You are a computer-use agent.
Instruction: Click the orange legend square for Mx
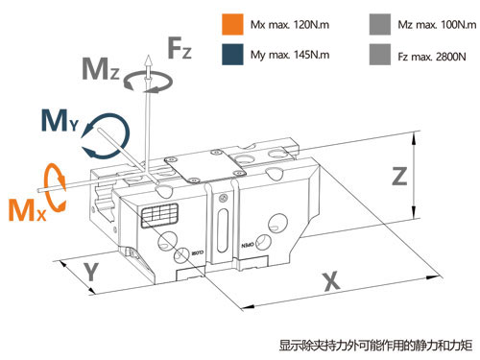point(232,24)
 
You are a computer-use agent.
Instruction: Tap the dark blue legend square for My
point(232,55)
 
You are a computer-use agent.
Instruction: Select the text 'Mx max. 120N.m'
point(290,25)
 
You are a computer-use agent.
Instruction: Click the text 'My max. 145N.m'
point(290,55)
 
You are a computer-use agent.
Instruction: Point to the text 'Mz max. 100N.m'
point(437,25)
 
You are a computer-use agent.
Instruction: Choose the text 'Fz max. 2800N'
point(432,57)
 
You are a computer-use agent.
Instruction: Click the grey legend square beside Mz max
point(380,24)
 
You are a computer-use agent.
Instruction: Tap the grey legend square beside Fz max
point(380,55)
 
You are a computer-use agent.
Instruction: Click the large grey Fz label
point(180,48)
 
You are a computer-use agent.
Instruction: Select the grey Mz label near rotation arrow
point(101,69)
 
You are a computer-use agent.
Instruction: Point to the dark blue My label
point(60,121)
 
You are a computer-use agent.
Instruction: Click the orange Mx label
point(27,209)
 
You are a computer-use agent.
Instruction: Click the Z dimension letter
point(399,176)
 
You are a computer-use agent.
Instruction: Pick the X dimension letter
point(331,281)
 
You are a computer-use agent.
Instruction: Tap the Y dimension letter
point(91,272)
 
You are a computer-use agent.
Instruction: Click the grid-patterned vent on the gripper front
point(159,215)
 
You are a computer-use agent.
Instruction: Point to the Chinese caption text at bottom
point(375,346)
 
